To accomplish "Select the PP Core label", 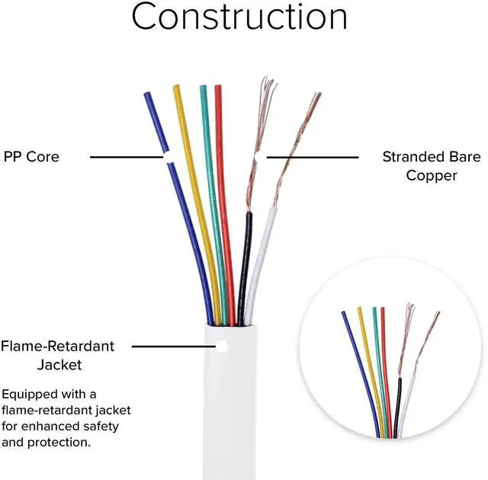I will pyautogui.click(x=31, y=157).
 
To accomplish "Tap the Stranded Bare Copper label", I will pyautogui.click(x=431, y=166).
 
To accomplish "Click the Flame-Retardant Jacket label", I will pyautogui.click(x=58, y=355).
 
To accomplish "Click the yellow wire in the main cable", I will pyautogui.click(x=197, y=213).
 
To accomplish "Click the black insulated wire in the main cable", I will pyautogui.click(x=245, y=259).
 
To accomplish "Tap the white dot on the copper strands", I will pyautogui.click(x=259, y=157).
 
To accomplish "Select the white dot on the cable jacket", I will pyautogui.click(x=222, y=347).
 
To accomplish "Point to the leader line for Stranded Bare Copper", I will pyautogui.click(x=313, y=157).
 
